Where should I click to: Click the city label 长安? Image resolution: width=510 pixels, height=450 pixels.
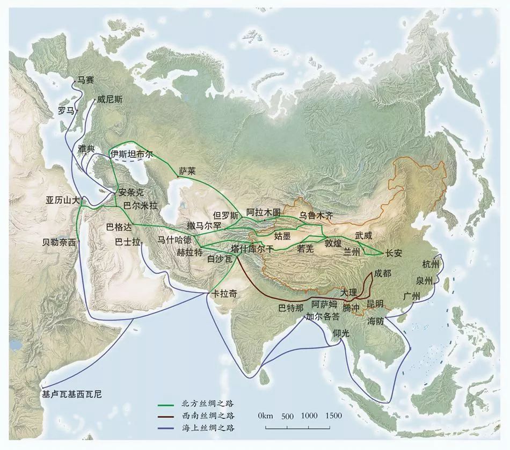tap(393, 253)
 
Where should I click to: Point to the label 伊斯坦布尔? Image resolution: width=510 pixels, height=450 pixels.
tap(132, 154)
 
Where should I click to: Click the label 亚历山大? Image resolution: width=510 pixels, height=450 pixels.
tap(62, 200)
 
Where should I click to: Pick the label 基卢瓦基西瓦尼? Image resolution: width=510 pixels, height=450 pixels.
tap(71, 394)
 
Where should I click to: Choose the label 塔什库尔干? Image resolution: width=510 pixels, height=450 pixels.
tap(252, 249)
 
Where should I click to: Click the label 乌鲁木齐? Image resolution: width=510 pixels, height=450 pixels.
tap(316, 215)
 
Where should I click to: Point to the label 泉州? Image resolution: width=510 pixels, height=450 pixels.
tap(424, 281)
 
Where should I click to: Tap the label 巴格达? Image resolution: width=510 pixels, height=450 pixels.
tap(119, 226)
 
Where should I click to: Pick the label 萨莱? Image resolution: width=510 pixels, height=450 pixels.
tap(188, 171)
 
